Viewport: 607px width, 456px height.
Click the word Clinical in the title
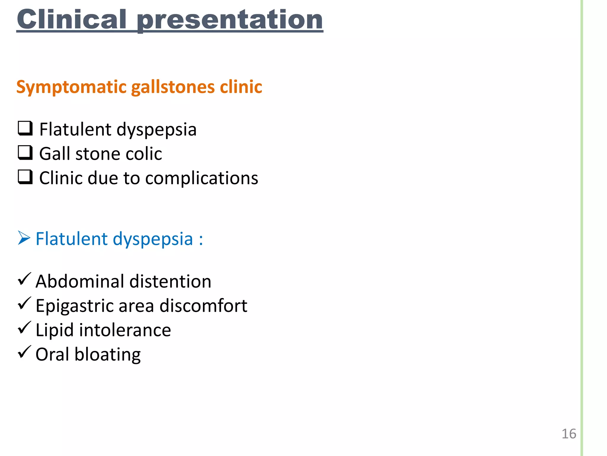tap(72, 19)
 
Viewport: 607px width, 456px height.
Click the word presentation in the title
tap(230, 20)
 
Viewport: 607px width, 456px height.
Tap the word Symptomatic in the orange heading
tap(71, 87)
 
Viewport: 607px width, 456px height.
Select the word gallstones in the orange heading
tap(173, 87)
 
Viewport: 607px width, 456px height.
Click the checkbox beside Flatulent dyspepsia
tap(25, 129)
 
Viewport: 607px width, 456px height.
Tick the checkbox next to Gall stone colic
tap(25, 153)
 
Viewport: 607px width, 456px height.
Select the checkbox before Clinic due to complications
tap(25, 177)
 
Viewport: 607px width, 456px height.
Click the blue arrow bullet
tap(24, 238)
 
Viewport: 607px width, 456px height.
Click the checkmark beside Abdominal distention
tap(24, 279)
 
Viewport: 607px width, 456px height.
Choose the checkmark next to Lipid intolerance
tap(24, 328)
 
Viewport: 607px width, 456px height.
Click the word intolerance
tap(125, 330)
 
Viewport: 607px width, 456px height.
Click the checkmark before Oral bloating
tap(24, 352)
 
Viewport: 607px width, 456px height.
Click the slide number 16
tap(569, 434)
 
